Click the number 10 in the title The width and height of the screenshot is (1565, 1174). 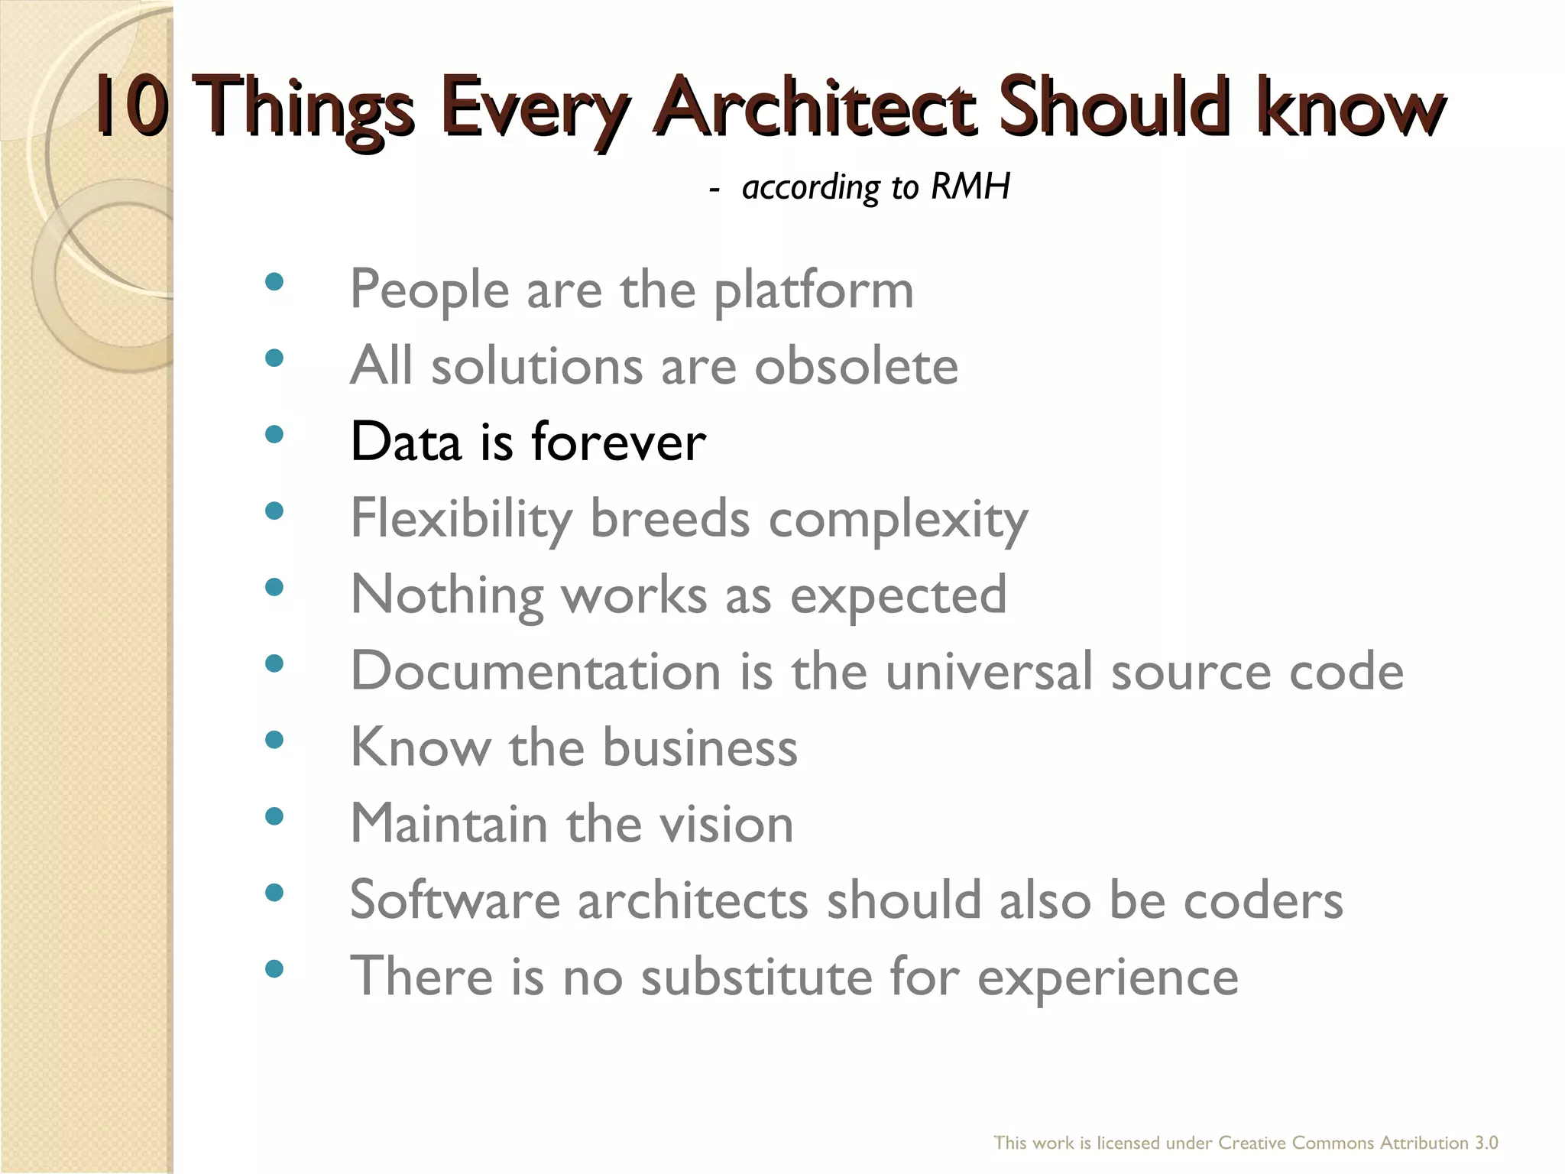tap(131, 107)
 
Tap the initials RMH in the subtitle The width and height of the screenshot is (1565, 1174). tap(970, 186)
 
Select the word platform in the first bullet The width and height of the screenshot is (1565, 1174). tap(813, 291)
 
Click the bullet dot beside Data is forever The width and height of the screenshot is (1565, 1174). tap(274, 435)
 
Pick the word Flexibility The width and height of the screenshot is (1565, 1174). tap(461, 520)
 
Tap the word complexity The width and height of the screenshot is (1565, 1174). tap(898, 520)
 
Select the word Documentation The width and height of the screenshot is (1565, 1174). tap(535, 671)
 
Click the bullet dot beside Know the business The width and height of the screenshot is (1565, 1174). tap(274, 740)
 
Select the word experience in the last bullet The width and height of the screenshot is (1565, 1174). tap(1107, 978)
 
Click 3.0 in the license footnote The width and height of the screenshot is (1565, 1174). tap(1486, 1143)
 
